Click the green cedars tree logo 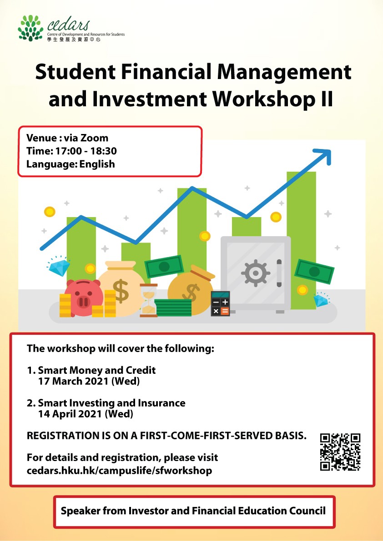coord(30,28)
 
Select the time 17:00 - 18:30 coord(86,151)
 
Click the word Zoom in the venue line coord(94,138)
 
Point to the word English coord(97,164)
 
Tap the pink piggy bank coord(83,298)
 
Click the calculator coord(220,303)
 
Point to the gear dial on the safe coord(255,273)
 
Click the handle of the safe coord(279,273)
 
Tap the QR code coord(340,452)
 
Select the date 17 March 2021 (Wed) coord(89,381)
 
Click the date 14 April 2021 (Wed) coord(86,414)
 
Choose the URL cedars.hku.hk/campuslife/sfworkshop coord(120,471)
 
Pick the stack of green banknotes coord(173,308)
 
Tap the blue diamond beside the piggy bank coord(58,266)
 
